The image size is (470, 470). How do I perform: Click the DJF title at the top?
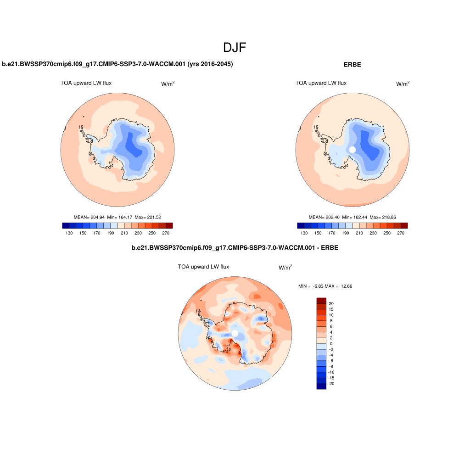point(235,47)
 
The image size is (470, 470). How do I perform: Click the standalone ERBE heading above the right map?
point(352,65)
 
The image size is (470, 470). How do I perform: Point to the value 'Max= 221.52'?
point(151,217)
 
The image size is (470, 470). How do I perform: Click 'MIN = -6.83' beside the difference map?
point(311,286)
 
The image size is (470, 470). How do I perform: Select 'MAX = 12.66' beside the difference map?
point(339,286)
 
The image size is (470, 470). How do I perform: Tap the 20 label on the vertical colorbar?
point(331,304)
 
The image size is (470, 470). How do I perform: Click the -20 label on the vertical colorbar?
point(332,383)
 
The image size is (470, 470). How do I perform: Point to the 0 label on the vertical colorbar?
point(331,343)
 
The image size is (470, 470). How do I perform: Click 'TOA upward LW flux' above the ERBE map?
point(321,83)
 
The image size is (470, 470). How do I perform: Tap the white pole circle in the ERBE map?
point(352,150)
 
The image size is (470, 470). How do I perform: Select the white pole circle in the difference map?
point(235,333)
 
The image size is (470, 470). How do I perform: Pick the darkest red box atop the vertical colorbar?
point(321,301)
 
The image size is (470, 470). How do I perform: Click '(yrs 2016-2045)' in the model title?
point(210,65)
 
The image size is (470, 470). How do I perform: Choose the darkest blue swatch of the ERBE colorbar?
point(301,225)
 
